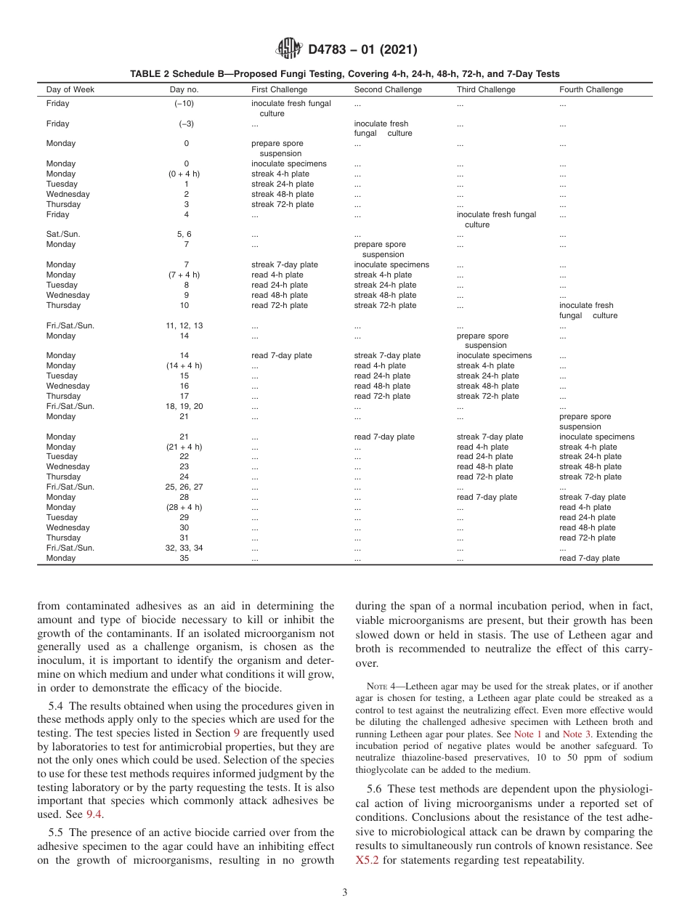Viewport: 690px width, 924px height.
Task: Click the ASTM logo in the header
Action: click(x=289, y=49)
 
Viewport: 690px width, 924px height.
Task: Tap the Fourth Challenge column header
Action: click(x=590, y=90)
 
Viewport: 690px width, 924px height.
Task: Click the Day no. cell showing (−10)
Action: click(x=186, y=104)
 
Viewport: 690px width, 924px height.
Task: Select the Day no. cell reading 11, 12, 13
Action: click(x=184, y=326)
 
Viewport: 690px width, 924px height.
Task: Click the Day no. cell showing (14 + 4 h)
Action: click(x=184, y=366)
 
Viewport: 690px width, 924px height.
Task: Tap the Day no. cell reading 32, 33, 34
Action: click(x=184, y=548)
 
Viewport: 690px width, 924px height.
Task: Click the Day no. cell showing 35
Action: click(x=184, y=559)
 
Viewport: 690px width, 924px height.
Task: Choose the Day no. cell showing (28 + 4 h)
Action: click(x=184, y=508)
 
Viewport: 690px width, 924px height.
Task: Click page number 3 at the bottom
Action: click(x=344, y=893)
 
